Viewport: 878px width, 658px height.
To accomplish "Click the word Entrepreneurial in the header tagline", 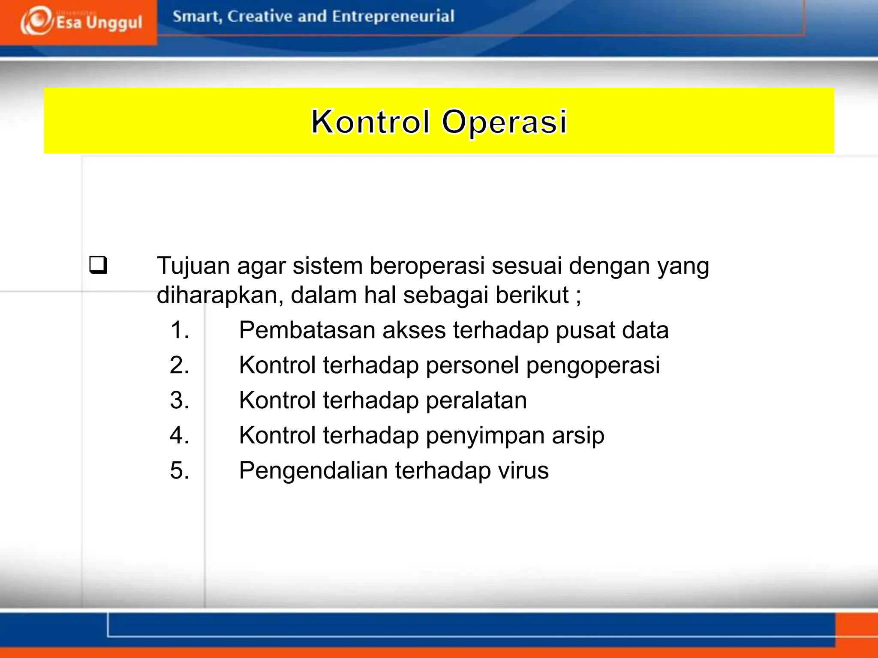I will coord(393,16).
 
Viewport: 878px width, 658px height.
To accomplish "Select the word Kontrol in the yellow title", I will coord(370,122).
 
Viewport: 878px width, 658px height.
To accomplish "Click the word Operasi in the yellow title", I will coord(504,123).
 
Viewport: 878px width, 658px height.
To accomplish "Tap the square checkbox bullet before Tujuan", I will coord(98,265).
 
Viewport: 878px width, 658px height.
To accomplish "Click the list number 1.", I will coord(179,330).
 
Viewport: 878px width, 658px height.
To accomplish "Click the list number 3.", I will coord(179,401).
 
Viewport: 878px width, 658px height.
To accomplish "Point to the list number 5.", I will coord(179,470).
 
